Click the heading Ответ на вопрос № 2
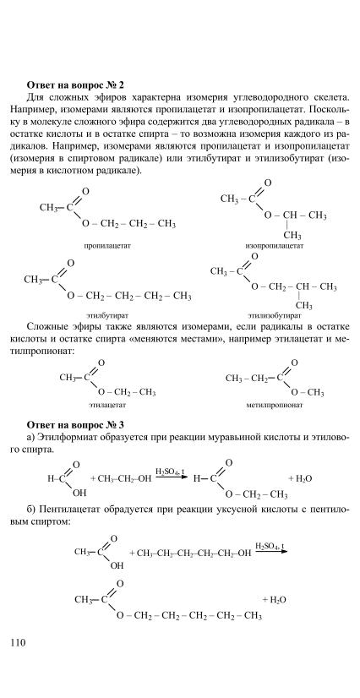(74, 85)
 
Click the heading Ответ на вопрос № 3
(74, 424)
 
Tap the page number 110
(17, 642)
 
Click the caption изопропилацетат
(274, 246)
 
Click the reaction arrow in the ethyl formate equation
(172, 478)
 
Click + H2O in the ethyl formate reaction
(300, 478)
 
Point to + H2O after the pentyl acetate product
(275, 600)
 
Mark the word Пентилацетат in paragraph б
(71, 510)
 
